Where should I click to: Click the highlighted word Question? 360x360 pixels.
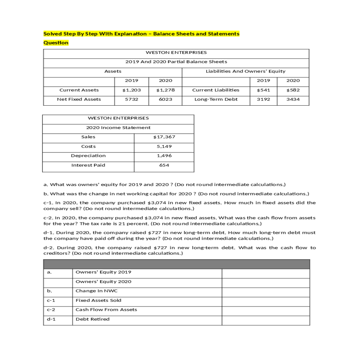click(x=56, y=43)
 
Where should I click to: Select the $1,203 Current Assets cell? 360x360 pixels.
click(x=131, y=90)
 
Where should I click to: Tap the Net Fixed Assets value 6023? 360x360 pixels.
click(x=165, y=99)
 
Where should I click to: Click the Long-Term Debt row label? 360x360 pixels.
click(x=216, y=99)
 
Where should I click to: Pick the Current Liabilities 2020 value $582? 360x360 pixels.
click(x=293, y=90)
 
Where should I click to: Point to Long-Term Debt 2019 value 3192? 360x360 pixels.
click(x=263, y=99)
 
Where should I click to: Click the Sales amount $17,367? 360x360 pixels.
click(x=164, y=137)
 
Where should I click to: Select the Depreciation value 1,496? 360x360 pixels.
click(x=164, y=156)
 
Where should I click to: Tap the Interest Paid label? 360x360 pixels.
click(x=88, y=165)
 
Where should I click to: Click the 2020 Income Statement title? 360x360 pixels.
click(x=118, y=127)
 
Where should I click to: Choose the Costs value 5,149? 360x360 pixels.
click(x=164, y=146)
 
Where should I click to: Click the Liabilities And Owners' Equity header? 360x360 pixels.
click(x=245, y=71)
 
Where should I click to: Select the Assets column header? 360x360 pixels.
click(x=113, y=71)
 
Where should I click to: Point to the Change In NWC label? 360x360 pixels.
click(x=96, y=291)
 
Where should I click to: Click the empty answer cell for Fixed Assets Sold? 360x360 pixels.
click(x=265, y=300)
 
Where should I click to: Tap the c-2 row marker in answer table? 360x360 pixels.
click(x=51, y=310)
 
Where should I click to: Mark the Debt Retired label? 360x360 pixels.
click(x=92, y=319)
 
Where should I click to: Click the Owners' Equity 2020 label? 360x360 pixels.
click(x=103, y=281)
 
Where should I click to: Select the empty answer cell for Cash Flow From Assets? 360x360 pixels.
click(x=265, y=310)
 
